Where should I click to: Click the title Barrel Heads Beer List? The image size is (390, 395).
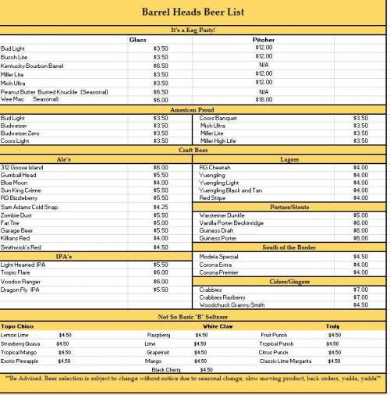pyautogui.click(x=193, y=12)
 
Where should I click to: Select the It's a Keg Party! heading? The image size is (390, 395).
pyautogui.click(x=193, y=30)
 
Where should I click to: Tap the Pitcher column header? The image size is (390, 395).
pyautogui.click(x=264, y=39)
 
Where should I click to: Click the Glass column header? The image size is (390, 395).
pyautogui.click(x=138, y=39)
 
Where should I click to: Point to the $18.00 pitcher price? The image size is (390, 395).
pyautogui.click(x=264, y=100)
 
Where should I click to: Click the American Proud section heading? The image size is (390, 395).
pyautogui.click(x=193, y=109)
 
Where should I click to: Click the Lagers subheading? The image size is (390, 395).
pyautogui.click(x=289, y=158)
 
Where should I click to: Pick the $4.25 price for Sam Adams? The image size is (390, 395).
pyautogui.click(x=161, y=207)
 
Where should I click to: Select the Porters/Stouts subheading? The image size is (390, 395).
pyautogui.click(x=289, y=206)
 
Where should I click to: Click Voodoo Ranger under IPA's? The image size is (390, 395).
pyautogui.click(x=21, y=281)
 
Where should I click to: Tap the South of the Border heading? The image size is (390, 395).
pyautogui.click(x=289, y=247)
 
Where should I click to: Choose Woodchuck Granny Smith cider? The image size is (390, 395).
pyautogui.click(x=232, y=305)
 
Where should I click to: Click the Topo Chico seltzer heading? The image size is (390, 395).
pyautogui.click(x=17, y=326)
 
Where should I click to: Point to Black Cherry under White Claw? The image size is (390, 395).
pyautogui.click(x=167, y=369)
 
